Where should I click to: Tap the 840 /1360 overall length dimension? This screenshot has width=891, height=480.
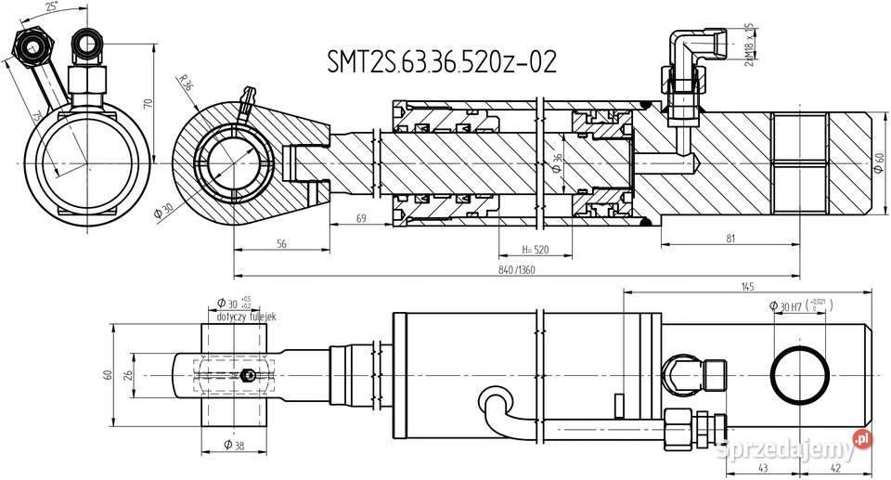tap(516, 268)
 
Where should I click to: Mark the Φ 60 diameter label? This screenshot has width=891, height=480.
tap(879, 165)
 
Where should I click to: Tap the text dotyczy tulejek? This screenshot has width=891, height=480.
tap(246, 317)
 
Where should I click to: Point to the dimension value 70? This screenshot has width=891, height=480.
tap(149, 103)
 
